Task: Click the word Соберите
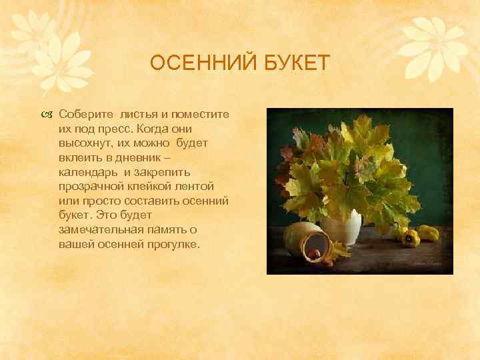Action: click(x=84, y=115)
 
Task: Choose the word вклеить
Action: click(x=78, y=153)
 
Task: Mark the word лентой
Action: click(x=207, y=179)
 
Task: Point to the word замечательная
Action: click(x=101, y=231)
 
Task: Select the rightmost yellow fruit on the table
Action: click(x=428, y=233)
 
